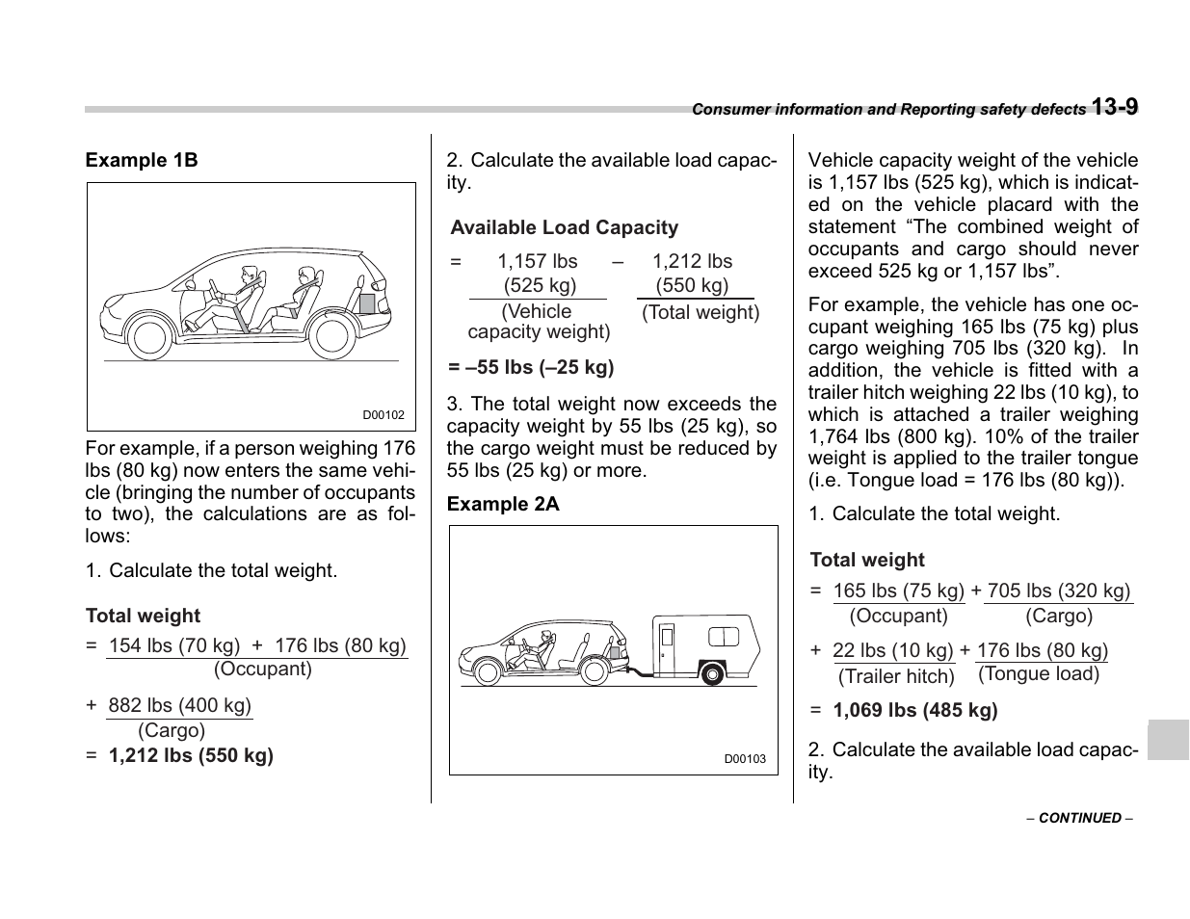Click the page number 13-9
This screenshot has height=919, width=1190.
pyautogui.click(x=1115, y=107)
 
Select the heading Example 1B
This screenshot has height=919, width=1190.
pyautogui.click(x=142, y=160)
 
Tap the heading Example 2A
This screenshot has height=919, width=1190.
pyautogui.click(x=502, y=504)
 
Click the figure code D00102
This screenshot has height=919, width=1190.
pyautogui.click(x=383, y=415)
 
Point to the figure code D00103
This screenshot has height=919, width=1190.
pyautogui.click(x=745, y=759)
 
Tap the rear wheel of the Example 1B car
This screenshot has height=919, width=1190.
pyautogui.click(x=331, y=336)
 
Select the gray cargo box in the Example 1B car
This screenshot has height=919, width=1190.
pyautogui.click(x=367, y=302)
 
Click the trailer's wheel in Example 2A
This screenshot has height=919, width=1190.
pyautogui.click(x=711, y=672)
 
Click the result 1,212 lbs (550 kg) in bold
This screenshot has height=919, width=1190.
pyautogui.click(x=191, y=755)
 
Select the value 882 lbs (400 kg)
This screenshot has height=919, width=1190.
pyautogui.click(x=179, y=705)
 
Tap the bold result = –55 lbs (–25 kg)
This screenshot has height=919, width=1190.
pyautogui.click(x=531, y=367)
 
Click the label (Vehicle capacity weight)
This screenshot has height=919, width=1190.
pyautogui.click(x=538, y=322)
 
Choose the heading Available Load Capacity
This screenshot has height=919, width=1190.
pyautogui.click(x=564, y=228)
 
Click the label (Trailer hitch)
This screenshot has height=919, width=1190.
pyautogui.click(x=896, y=676)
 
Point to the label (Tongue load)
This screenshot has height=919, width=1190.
pyautogui.click(x=1039, y=673)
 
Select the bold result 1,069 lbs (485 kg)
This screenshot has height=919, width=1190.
pyautogui.click(x=914, y=711)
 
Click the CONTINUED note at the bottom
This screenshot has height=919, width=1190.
pyautogui.click(x=1079, y=818)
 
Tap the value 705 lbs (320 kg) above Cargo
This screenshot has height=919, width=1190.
pyautogui.click(x=1058, y=591)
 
